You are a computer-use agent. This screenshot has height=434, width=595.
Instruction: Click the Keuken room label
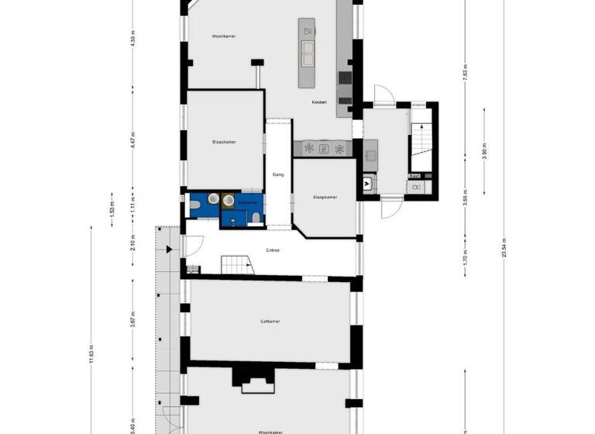[x=319, y=102]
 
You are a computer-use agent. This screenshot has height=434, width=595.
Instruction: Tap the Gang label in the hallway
[x=278, y=175]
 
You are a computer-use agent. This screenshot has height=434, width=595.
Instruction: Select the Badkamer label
[x=247, y=202]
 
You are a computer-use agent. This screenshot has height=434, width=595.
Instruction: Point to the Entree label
[x=273, y=250]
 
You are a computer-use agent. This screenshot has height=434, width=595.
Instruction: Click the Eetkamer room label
[x=270, y=321]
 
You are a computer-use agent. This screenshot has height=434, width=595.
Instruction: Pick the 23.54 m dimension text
[x=504, y=250]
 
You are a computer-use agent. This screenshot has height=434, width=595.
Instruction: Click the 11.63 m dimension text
[x=91, y=353]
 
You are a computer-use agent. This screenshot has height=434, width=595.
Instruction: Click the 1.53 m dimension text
[x=112, y=208]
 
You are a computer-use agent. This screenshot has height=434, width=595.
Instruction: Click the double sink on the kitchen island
[x=308, y=53]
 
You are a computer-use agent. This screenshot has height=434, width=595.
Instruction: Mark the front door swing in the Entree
[x=194, y=246]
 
